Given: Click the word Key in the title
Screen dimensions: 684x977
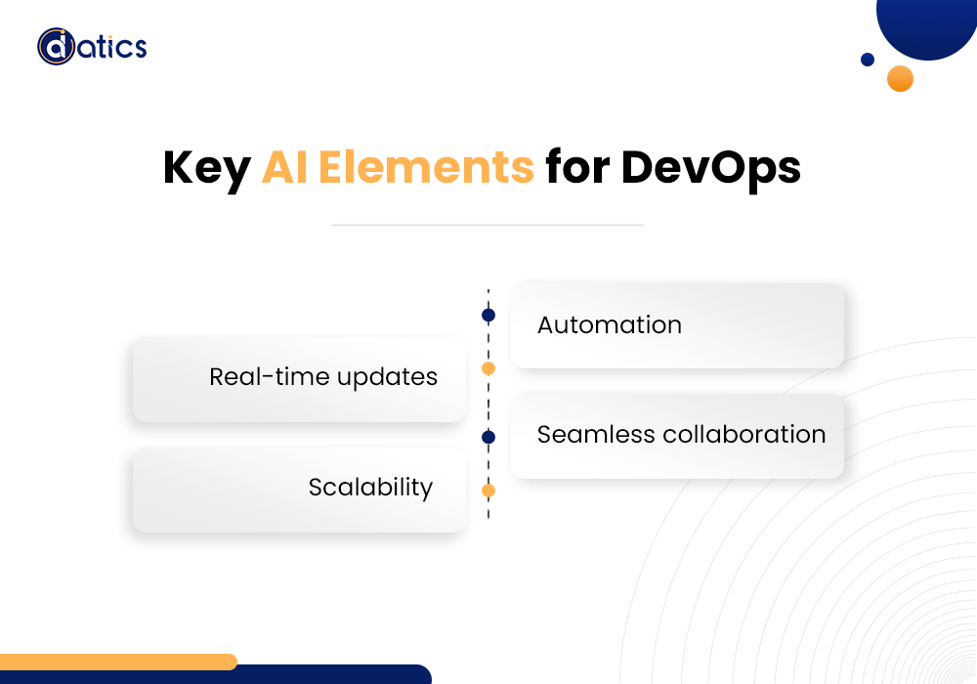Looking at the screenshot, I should pyautogui.click(x=206, y=168).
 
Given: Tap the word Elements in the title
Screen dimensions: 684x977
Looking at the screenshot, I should pyautogui.click(x=426, y=167).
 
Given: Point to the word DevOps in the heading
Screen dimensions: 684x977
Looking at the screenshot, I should pyautogui.click(x=711, y=168).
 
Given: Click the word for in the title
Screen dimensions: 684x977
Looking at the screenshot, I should pyautogui.click(x=577, y=167).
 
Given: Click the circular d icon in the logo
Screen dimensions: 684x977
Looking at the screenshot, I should pyautogui.click(x=56, y=46).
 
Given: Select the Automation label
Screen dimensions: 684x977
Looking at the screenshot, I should pyautogui.click(x=610, y=325).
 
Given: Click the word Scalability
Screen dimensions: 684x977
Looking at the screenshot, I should pyautogui.click(x=370, y=487).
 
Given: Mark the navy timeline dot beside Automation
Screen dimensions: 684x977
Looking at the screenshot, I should pyautogui.click(x=488, y=316).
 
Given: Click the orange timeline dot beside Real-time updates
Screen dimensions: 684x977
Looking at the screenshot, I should pyautogui.click(x=488, y=368).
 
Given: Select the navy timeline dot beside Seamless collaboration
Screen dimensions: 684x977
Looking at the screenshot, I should pyautogui.click(x=488, y=437).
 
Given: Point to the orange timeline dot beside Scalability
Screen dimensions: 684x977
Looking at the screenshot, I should pyautogui.click(x=488, y=491).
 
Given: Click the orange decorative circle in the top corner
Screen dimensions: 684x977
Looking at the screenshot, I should pyautogui.click(x=900, y=78).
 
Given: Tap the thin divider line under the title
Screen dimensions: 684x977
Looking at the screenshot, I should pyautogui.click(x=487, y=225).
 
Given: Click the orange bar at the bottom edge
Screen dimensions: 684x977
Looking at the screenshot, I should pyautogui.click(x=117, y=661).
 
